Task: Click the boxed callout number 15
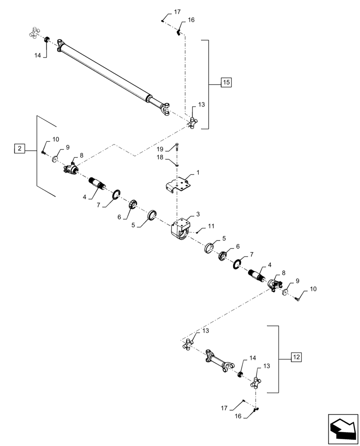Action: pos(226,83)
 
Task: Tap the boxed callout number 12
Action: pos(296,357)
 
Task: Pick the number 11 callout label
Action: pos(211,227)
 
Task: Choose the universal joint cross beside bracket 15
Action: pos(192,122)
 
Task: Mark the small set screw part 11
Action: pos(198,232)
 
